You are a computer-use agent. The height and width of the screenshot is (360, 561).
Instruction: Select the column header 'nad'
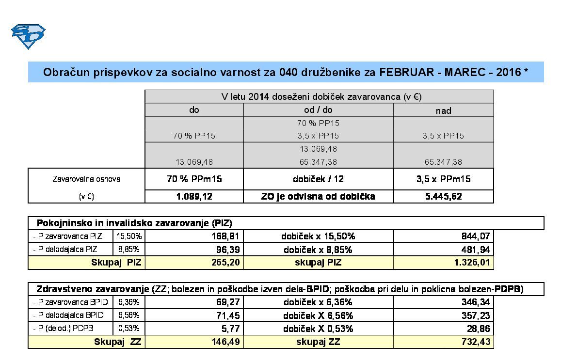click(443, 110)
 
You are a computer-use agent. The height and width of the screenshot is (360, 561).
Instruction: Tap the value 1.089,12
click(194, 197)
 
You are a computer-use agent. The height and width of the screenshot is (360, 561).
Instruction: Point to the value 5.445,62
click(443, 197)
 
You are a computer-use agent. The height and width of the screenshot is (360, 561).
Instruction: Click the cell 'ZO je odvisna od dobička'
click(318, 197)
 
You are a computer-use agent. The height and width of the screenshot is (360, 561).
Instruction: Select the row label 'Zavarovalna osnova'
click(86, 179)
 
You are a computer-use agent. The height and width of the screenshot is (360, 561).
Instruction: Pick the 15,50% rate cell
click(129, 236)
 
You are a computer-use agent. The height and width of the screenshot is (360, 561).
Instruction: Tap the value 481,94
click(476, 250)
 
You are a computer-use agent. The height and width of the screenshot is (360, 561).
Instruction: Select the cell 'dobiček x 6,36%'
click(318, 302)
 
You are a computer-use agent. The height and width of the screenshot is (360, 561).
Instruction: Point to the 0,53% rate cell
click(129, 329)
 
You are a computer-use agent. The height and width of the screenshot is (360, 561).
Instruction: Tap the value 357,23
click(476, 316)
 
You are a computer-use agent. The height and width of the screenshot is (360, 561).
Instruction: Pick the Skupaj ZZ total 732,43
click(476, 342)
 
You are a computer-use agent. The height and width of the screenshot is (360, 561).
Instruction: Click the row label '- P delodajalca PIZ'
click(65, 250)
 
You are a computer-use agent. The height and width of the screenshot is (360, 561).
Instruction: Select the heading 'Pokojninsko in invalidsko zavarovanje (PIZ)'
click(134, 223)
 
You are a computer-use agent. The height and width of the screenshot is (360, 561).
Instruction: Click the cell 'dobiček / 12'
click(318, 179)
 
